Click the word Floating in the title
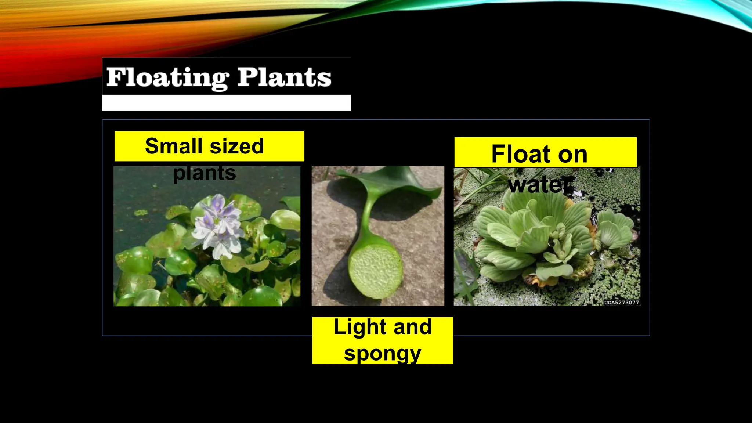tap(167, 78)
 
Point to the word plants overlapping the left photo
tap(205, 173)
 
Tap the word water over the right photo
tap(540, 184)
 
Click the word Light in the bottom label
tap(359, 327)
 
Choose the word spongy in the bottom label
tap(382, 353)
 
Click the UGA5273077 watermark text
tap(621, 303)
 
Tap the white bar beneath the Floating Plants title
tap(226, 103)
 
